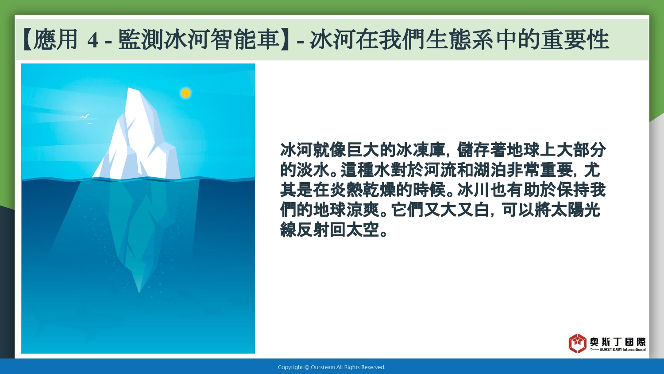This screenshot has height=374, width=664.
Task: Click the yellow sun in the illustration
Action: point(185,93)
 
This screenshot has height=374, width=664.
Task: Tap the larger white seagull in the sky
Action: point(85,117)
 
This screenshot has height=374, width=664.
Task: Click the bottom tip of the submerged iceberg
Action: point(139,292)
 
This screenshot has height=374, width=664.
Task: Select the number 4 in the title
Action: point(93,40)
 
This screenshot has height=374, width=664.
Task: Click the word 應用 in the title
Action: point(55,39)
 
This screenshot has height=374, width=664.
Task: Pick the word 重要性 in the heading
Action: point(575,39)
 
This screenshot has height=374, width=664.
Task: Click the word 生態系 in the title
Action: point(459,39)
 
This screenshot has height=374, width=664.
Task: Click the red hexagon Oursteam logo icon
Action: point(577,343)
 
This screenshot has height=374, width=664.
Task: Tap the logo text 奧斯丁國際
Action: point(618,342)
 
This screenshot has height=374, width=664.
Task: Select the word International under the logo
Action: point(634,349)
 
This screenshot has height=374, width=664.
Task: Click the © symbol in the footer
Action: point(307,367)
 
